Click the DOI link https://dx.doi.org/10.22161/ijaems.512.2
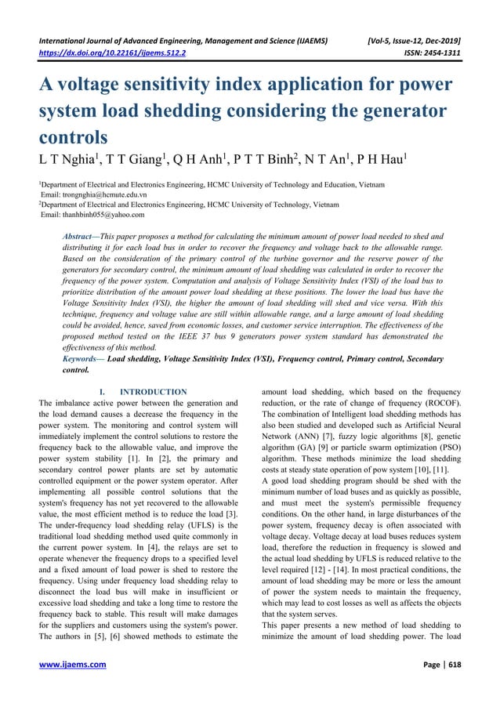pyautogui.click(x=113, y=54)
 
